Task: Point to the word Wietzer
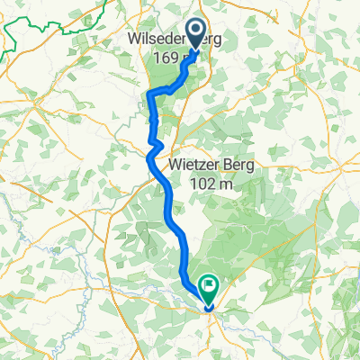[196, 165]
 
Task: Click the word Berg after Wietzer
[239, 165]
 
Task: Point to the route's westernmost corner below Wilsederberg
[148, 92]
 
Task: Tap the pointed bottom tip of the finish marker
[210, 301]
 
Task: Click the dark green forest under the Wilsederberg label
[166, 76]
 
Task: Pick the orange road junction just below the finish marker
[210, 310]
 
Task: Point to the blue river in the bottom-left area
[90, 270]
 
